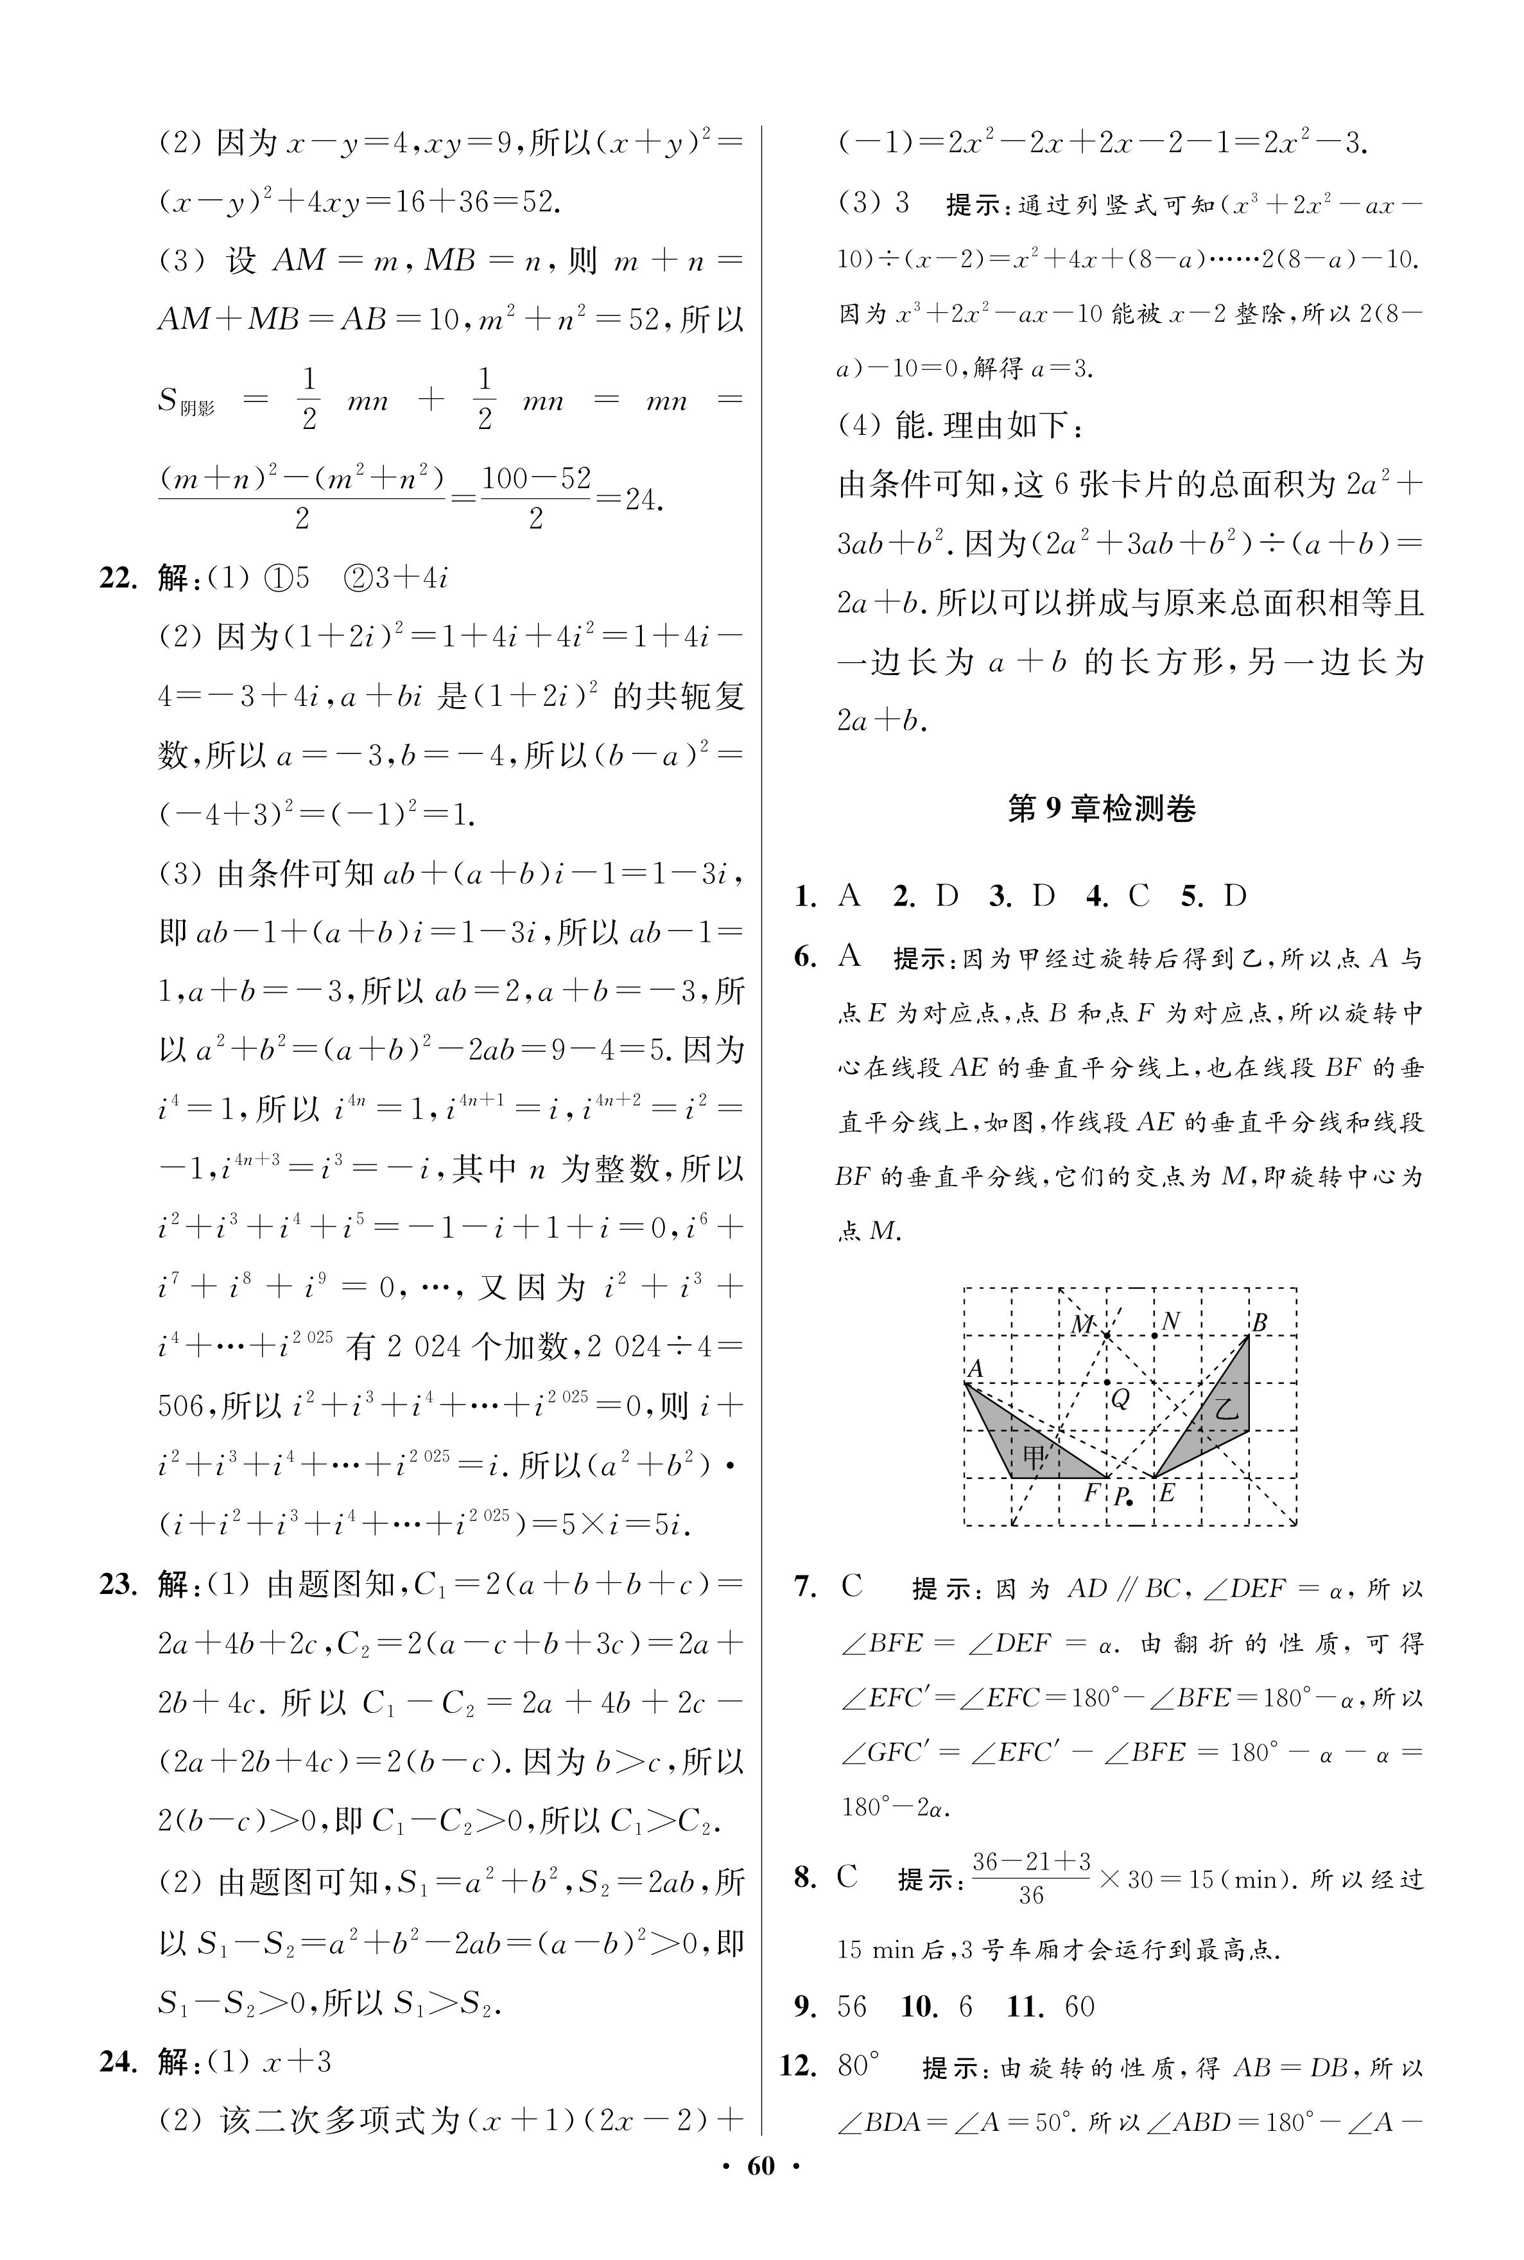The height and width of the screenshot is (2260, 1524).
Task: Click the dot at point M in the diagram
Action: coord(1107,1336)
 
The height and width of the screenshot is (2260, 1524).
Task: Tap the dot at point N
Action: coord(1154,1336)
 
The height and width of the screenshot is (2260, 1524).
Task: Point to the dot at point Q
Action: coord(1107,1382)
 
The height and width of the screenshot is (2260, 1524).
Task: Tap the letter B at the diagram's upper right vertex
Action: coord(1260,1322)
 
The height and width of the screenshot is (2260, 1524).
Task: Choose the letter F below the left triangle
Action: coord(1091,1491)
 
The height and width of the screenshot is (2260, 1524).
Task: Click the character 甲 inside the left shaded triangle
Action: coord(1034,1455)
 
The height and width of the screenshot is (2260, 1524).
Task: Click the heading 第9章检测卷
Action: coord(1101,809)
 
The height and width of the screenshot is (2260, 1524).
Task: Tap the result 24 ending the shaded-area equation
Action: coord(643,500)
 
